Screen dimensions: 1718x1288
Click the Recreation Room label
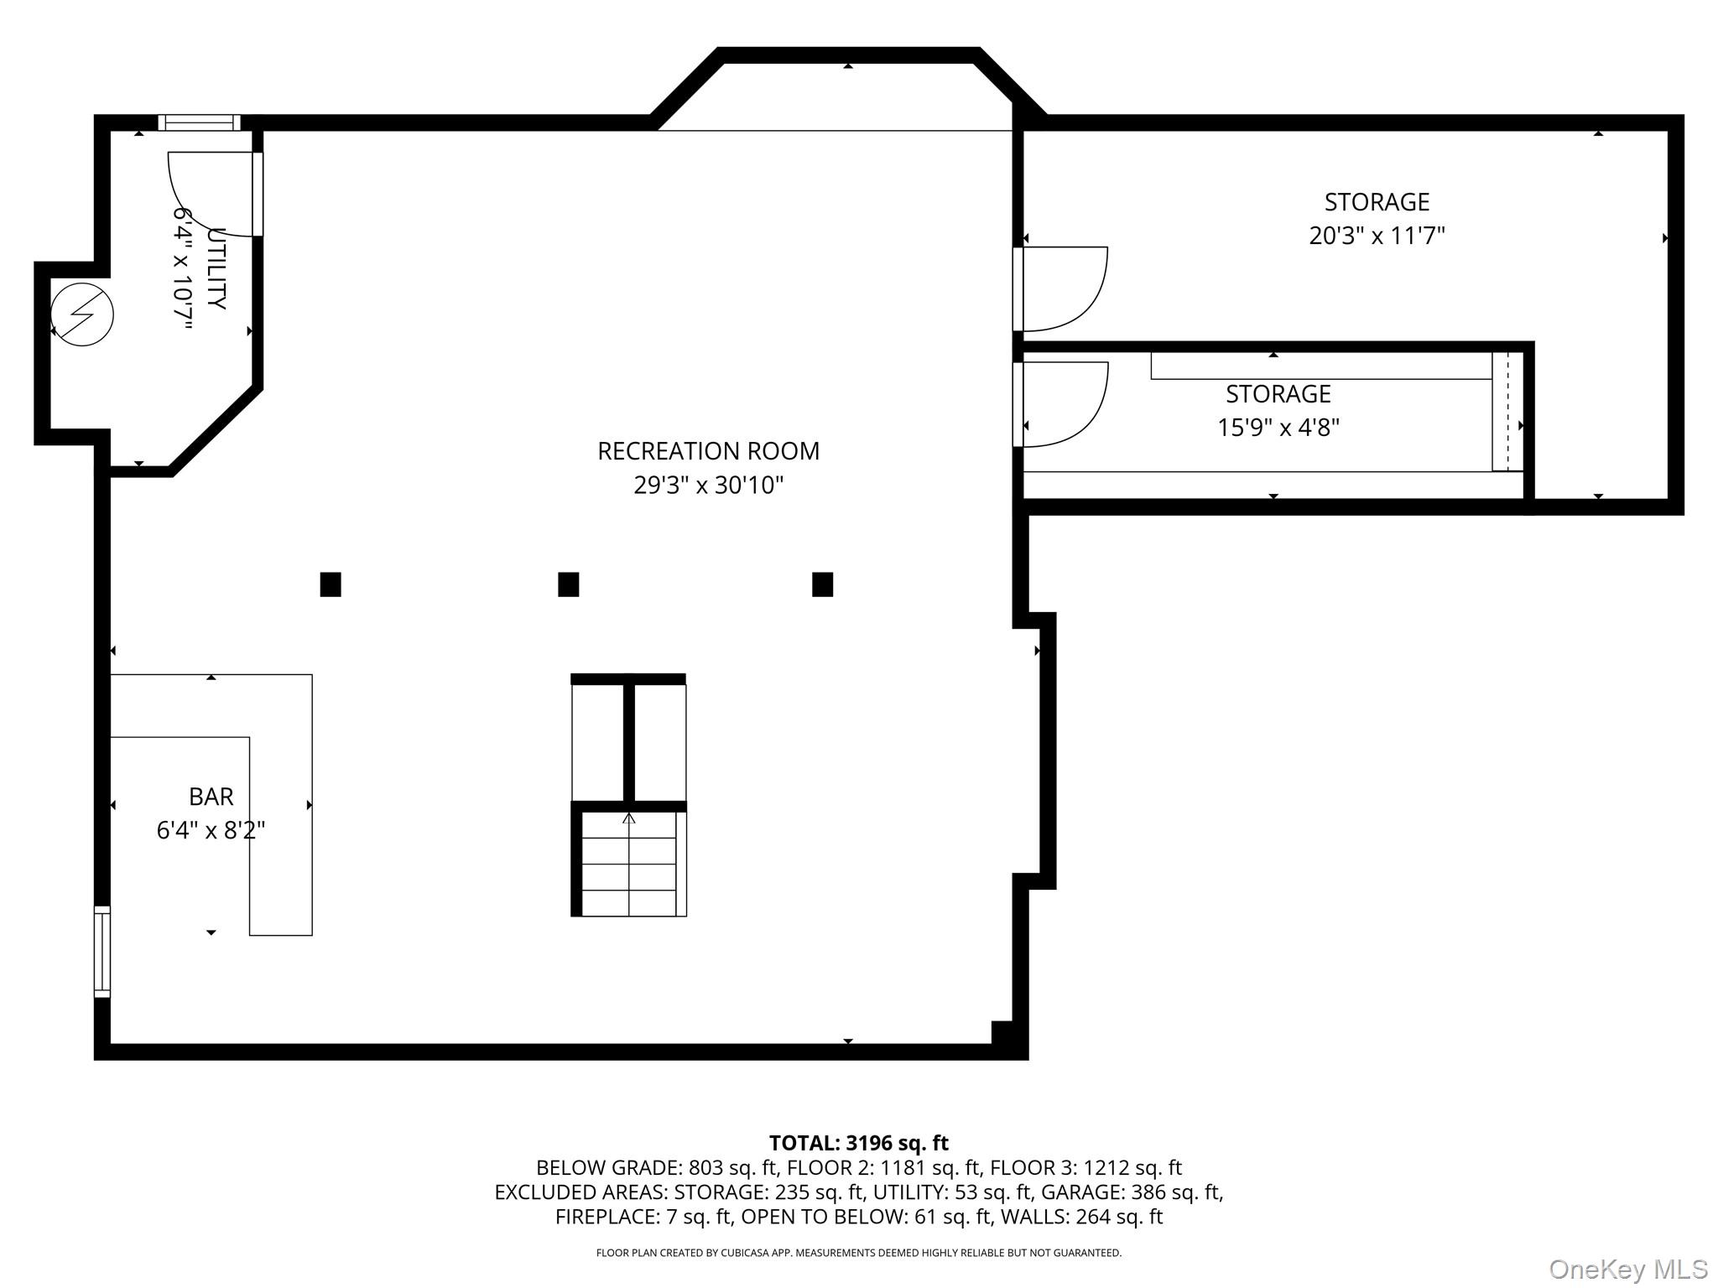pyautogui.click(x=708, y=451)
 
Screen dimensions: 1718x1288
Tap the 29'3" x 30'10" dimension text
pyautogui.click(x=708, y=485)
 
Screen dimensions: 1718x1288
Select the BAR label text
pyautogui.click(x=211, y=797)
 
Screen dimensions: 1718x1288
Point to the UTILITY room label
pyautogui.click(x=216, y=268)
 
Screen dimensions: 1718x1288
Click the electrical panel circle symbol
pyautogui.click(x=82, y=315)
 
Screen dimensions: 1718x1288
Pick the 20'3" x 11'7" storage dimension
pyautogui.click(x=1377, y=236)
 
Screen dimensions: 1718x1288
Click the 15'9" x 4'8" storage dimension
pyautogui.click(x=1278, y=428)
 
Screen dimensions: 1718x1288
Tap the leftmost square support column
pyautogui.click(x=331, y=584)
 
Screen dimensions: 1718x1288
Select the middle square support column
pyautogui.click(x=569, y=584)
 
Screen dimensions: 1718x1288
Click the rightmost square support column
pyautogui.click(x=823, y=584)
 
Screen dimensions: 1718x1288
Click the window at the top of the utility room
pyautogui.click(x=199, y=122)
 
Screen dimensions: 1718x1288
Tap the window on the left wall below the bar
pyautogui.click(x=102, y=952)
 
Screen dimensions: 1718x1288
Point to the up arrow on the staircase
pyautogui.click(x=628, y=818)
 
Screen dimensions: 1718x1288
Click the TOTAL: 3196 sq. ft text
pyautogui.click(x=859, y=1143)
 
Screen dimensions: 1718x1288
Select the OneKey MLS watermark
pyautogui.click(x=1628, y=1270)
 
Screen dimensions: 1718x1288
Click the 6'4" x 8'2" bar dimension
pyautogui.click(x=211, y=830)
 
